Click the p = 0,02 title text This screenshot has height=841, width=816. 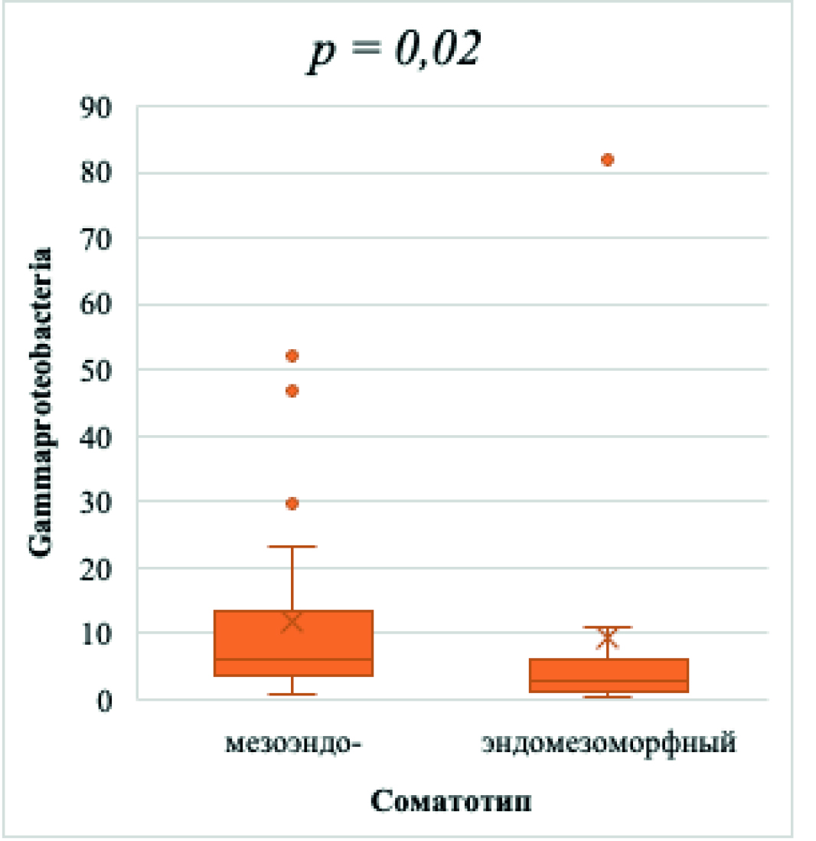393,54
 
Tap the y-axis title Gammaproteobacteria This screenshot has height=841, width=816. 41,401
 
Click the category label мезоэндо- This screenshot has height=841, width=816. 292,742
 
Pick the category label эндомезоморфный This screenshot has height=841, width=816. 609,742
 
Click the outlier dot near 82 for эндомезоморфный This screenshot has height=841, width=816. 607,159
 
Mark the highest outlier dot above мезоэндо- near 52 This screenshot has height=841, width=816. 292,356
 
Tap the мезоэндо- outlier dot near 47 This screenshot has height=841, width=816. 292,391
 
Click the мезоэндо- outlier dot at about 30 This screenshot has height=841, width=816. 292,503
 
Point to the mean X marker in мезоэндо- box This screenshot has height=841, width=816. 292,621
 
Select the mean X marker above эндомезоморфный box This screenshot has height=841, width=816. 608,637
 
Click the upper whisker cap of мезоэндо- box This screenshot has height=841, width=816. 292,547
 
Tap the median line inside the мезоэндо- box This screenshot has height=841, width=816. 292,659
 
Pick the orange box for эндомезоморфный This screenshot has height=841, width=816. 608,676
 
